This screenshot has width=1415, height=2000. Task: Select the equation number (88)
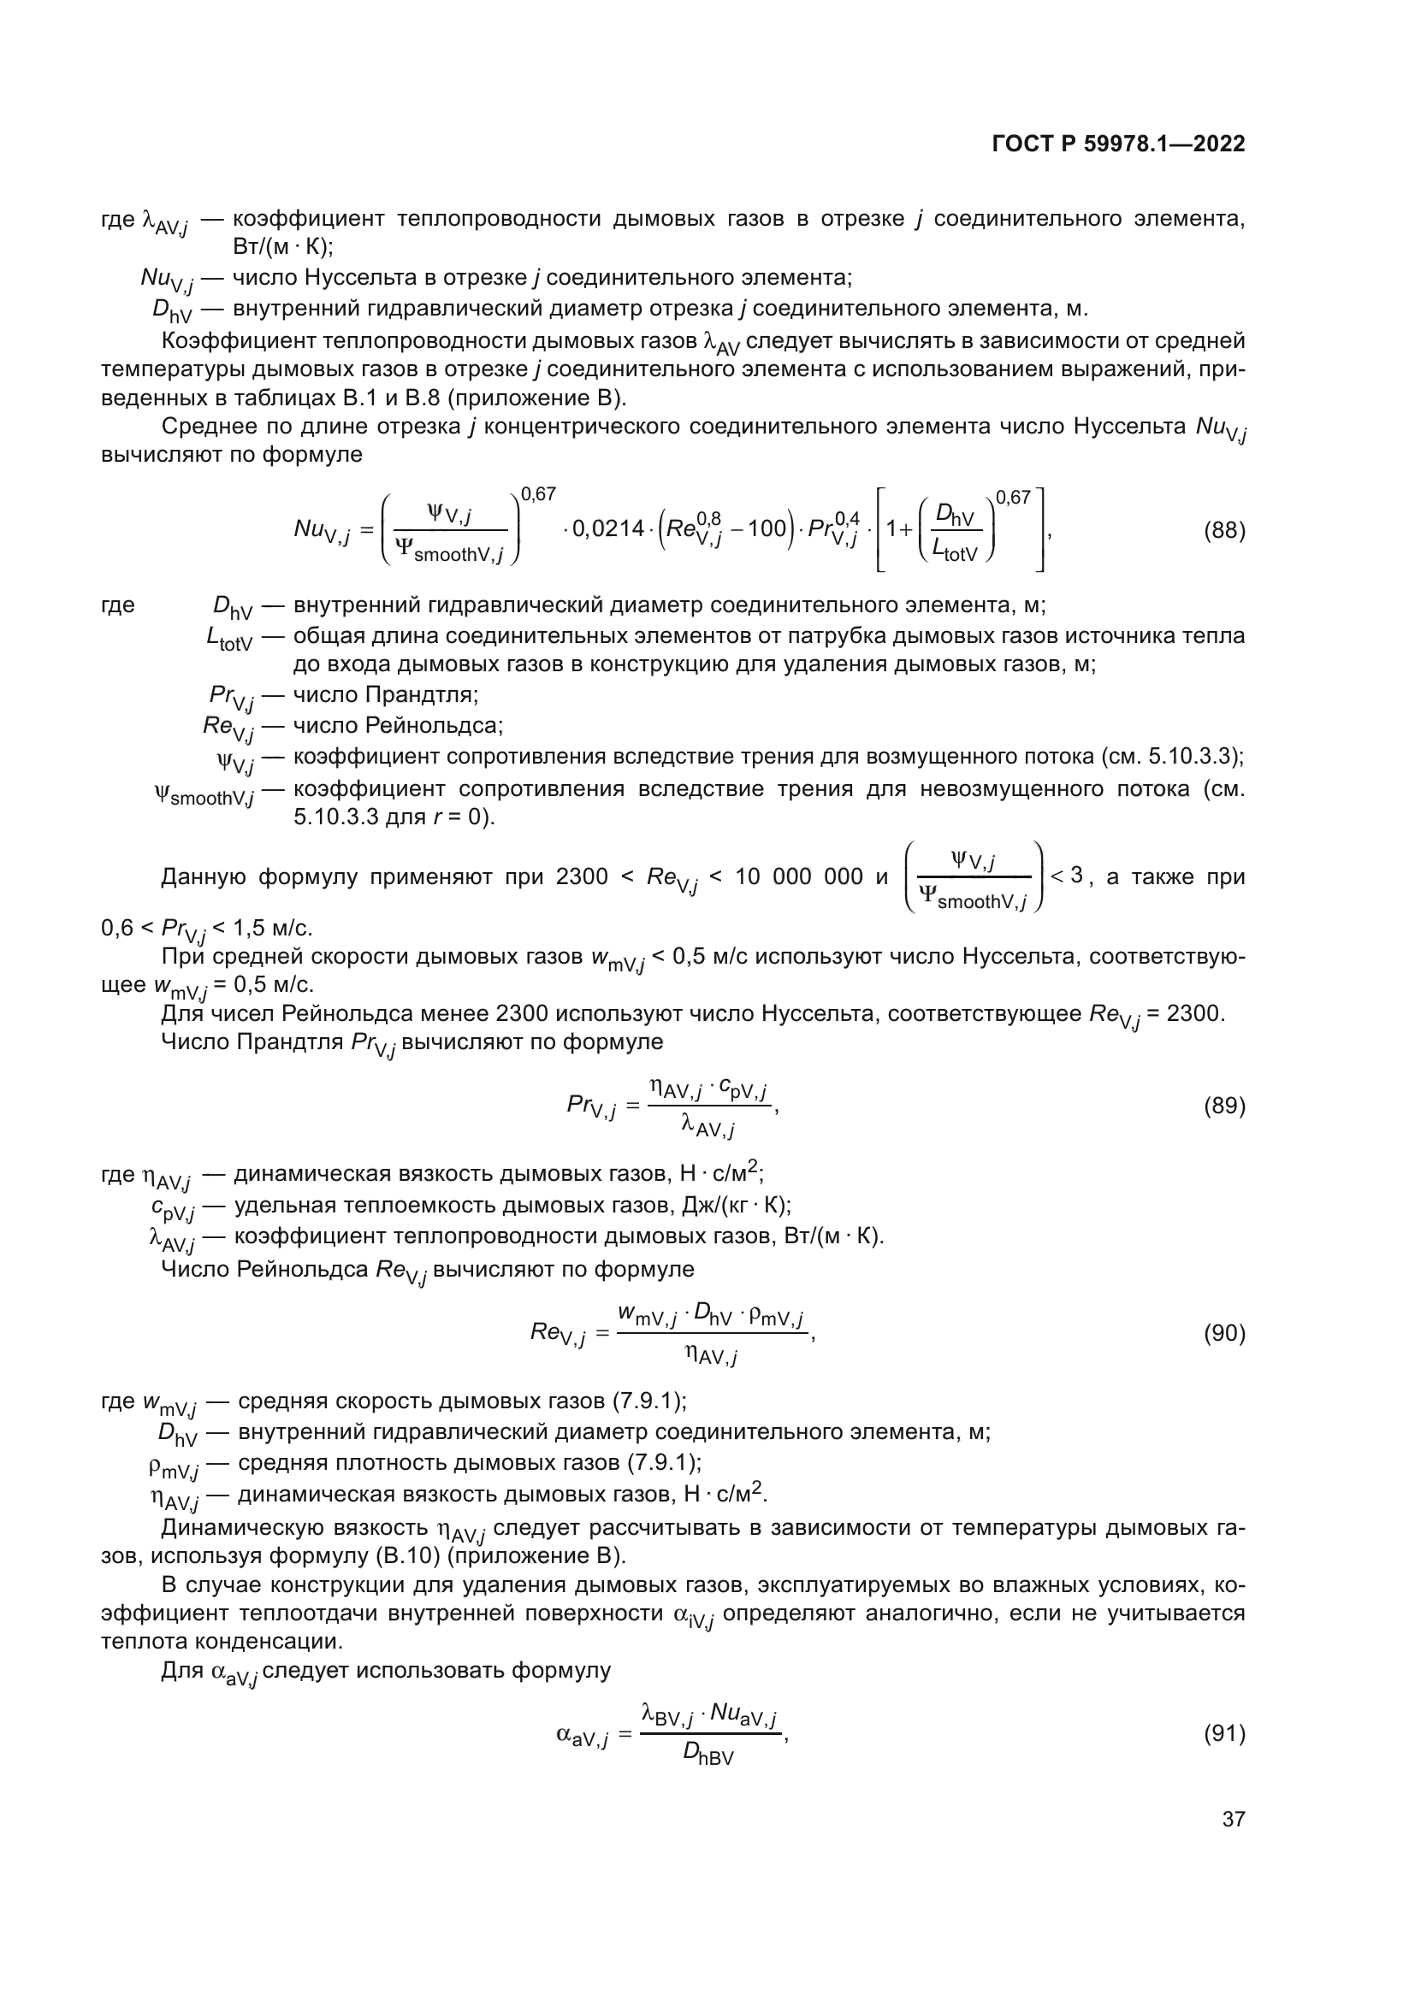(1224, 530)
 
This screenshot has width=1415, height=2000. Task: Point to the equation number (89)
(1224, 1106)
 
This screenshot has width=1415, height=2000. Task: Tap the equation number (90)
(1224, 1334)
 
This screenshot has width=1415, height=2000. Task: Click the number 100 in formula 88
(766, 529)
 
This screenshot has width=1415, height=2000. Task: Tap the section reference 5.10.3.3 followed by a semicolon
(1194, 756)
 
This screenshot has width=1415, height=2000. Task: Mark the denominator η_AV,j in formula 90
(711, 1355)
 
